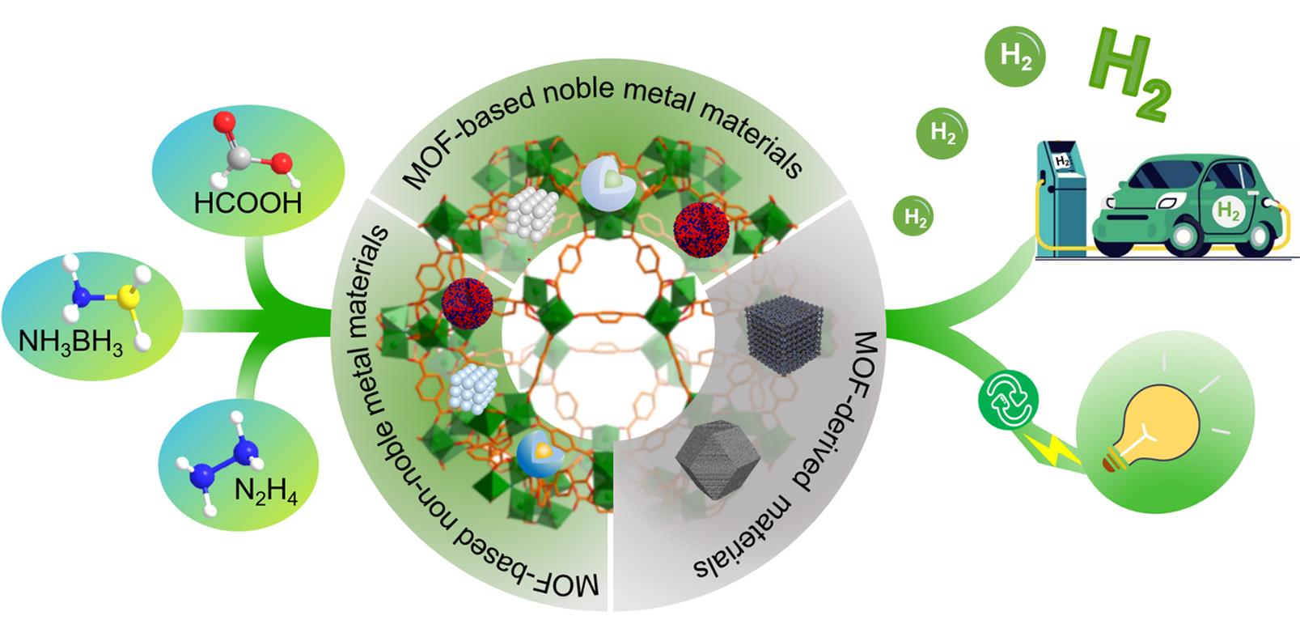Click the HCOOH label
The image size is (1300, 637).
coord(248,202)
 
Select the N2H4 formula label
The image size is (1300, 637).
coord(266,490)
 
